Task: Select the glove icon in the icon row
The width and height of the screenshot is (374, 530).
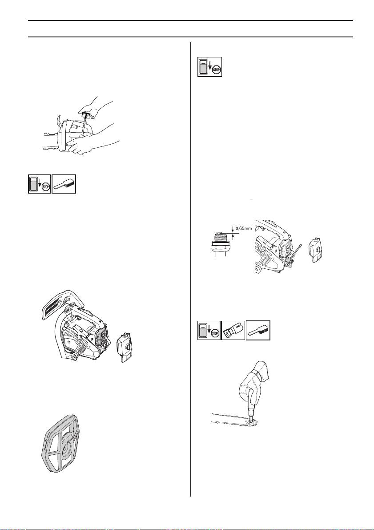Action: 233,331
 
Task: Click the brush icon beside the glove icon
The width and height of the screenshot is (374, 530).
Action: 258,331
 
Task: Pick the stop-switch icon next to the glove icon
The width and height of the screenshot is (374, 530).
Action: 209,331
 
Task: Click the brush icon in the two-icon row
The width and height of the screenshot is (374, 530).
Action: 64,184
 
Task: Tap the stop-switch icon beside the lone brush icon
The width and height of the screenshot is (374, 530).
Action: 40,184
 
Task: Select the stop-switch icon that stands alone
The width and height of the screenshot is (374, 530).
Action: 210,67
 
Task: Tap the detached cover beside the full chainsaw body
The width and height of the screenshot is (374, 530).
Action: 125,348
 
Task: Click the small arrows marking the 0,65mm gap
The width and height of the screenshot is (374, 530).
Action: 233,232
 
